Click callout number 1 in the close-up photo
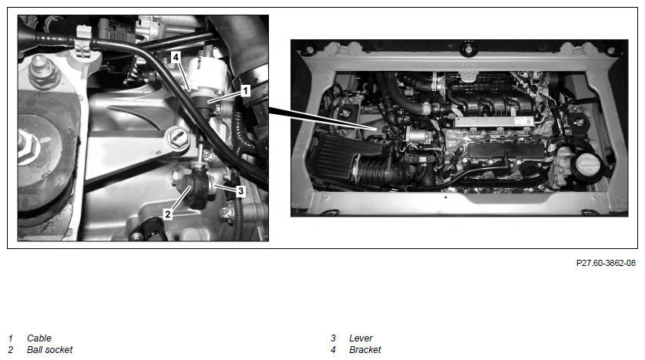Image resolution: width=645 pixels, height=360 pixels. pyautogui.click(x=245, y=90)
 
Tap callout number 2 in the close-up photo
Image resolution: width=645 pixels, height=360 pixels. pyautogui.click(x=167, y=214)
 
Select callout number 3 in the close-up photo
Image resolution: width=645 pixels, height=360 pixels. pyautogui.click(x=240, y=191)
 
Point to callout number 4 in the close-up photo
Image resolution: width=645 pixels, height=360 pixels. pyautogui.click(x=176, y=57)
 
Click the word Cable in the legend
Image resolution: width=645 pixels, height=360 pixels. pyautogui.click(x=39, y=338)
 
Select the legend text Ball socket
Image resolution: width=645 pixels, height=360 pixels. pyautogui.click(x=49, y=350)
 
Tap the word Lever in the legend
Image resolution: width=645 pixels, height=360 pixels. pyautogui.click(x=361, y=338)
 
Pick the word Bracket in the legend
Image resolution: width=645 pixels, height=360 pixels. pyautogui.click(x=364, y=350)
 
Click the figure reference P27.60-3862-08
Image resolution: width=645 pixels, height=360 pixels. pyautogui.click(x=606, y=263)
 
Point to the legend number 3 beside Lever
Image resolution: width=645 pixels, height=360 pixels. pyautogui.click(x=333, y=338)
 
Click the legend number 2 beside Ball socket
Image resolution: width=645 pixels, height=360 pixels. pyautogui.click(x=11, y=350)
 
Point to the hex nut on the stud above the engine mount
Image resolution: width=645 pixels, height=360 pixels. pyautogui.click(x=40, y=74)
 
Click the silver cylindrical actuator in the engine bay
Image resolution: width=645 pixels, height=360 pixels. pyautogui.click(x=418, y=135)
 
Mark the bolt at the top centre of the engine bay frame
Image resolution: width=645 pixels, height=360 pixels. pyautogui.click(x=468, y=49)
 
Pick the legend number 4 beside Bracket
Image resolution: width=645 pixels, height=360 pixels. pyautogui.click(x=333, y=350)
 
